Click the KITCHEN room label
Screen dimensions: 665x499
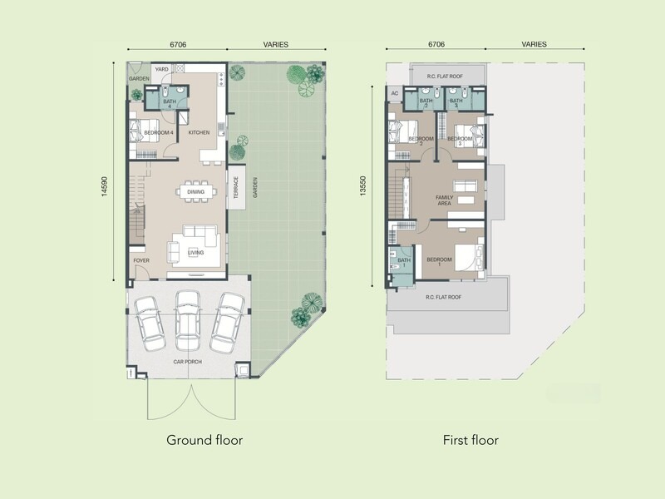click(199, 132)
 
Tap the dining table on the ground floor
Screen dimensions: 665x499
click(196, 192)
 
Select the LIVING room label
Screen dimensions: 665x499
click(195, 253)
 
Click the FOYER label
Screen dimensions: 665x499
click(141, 260)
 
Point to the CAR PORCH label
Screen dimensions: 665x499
click(188, 362)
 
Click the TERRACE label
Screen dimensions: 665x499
click(236, 188)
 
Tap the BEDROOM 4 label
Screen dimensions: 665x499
click(159, 133)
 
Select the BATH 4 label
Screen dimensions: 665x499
click(170, 104)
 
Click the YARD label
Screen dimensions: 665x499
click(161, 69)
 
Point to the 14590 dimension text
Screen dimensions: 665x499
click(105, 186)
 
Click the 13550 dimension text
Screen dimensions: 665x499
click(362, 186)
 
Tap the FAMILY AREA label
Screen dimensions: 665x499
click(445, 200)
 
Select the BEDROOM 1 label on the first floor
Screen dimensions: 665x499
click(440, 262)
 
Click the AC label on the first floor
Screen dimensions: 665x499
click(395, 93)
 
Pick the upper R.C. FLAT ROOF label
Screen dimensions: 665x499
click(445, 77)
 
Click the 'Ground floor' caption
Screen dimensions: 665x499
click(204, 440)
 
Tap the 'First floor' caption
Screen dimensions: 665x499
click(470, 440)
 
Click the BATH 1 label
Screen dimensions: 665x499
click(404, 263)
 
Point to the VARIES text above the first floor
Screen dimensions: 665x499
click(534, 44)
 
